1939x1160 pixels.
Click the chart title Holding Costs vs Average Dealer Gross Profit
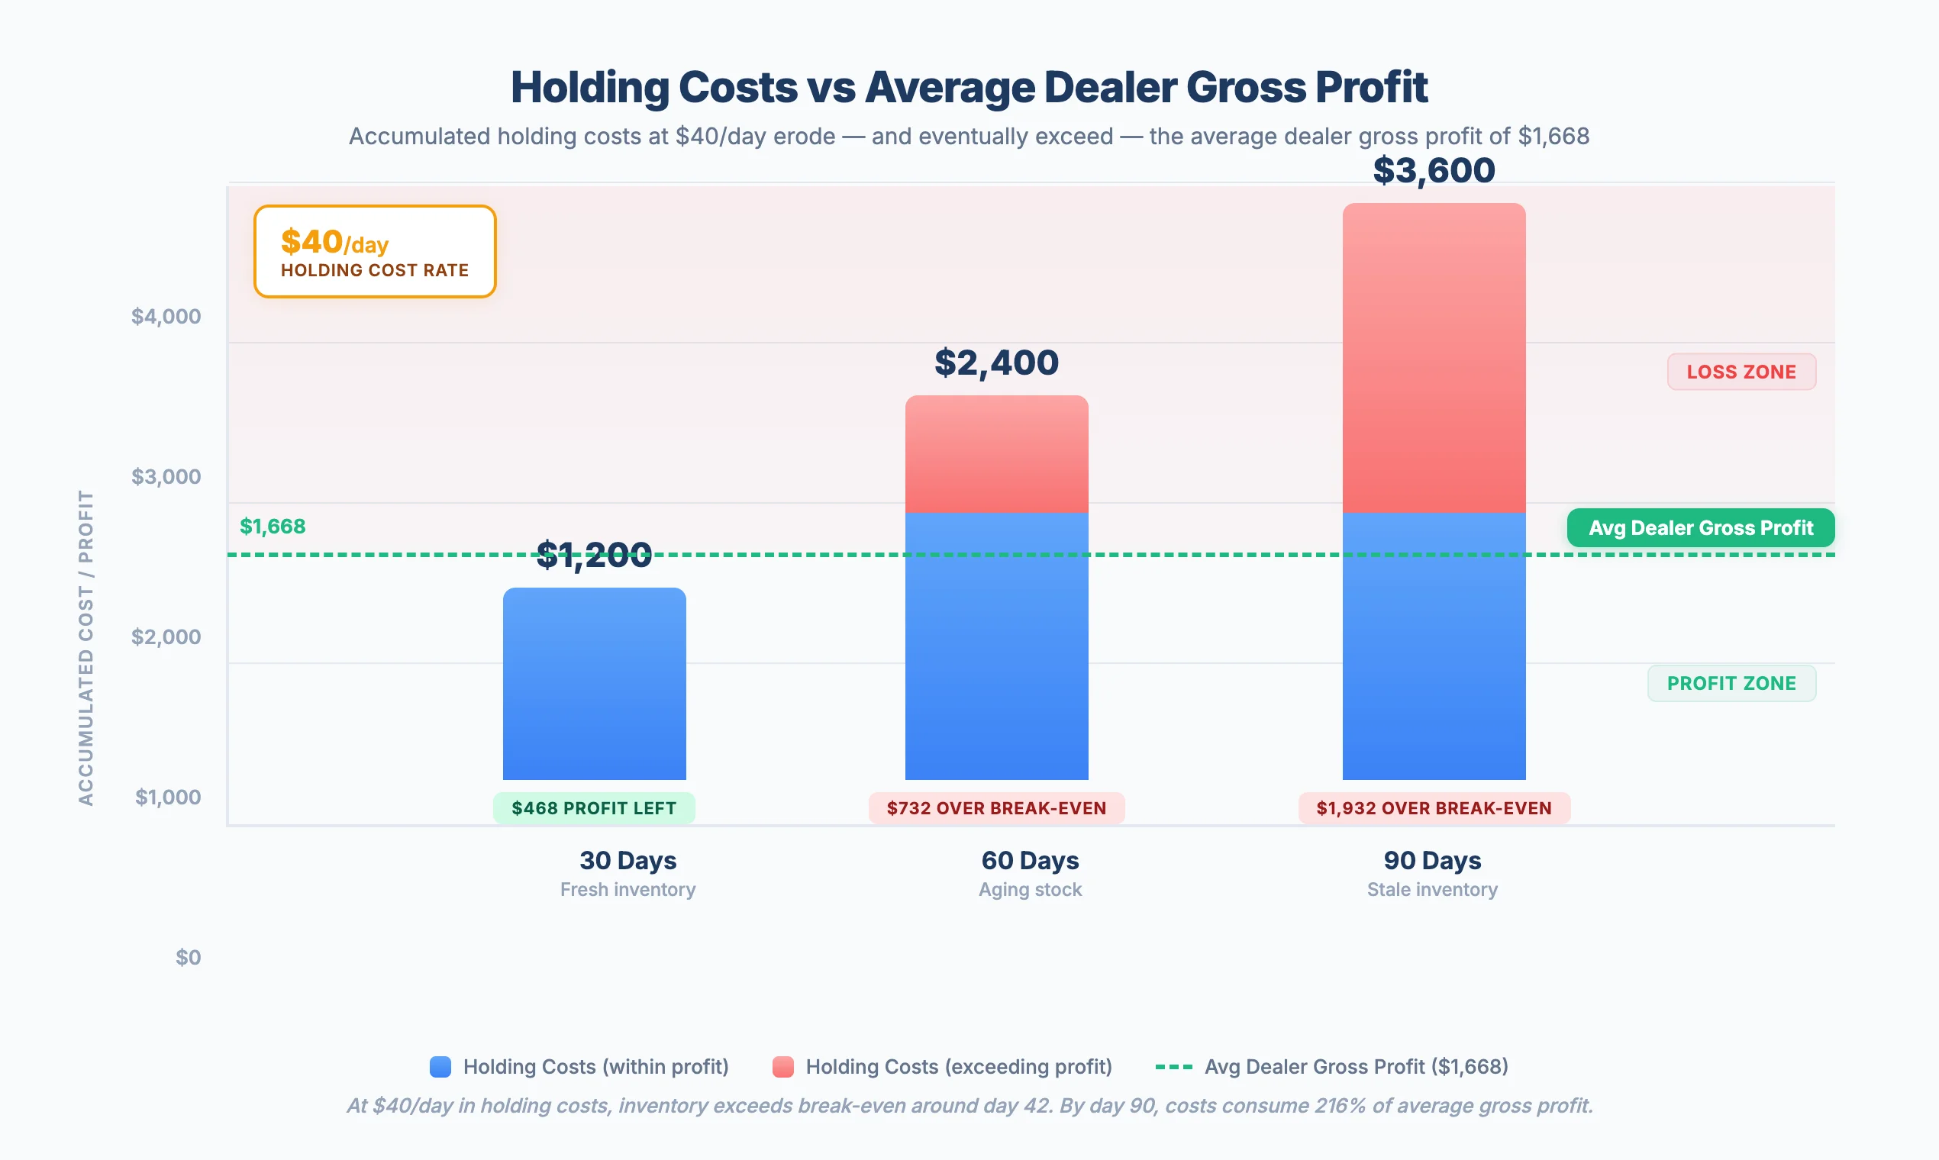(969, 87)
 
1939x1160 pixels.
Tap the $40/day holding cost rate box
(375, 252)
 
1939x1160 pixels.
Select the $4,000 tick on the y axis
(166, 317)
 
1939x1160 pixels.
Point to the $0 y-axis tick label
(188, 958)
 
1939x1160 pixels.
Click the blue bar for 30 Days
(594, 684)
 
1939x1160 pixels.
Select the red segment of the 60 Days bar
(996, 454)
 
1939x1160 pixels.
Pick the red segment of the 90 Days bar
(1433, 358)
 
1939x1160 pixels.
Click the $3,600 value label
(1433, 170)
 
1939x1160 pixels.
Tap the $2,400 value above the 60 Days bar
(996, 362)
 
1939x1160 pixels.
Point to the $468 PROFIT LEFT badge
(593, 808)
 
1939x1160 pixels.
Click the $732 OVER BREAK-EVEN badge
(996, 808)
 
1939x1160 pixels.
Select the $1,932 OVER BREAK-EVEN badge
(1433, 808)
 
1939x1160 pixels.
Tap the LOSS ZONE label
(1741, 372)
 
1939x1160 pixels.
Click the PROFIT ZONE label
(1731, 683)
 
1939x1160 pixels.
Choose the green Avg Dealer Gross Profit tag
(1700, 528)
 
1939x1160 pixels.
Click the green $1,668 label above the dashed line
(272, 527)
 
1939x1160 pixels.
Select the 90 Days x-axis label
(1431, 861)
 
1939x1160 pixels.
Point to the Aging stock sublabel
(1030, 890)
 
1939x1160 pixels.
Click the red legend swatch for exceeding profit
(782, 1067)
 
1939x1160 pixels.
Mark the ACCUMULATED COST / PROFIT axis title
(86, 647)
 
